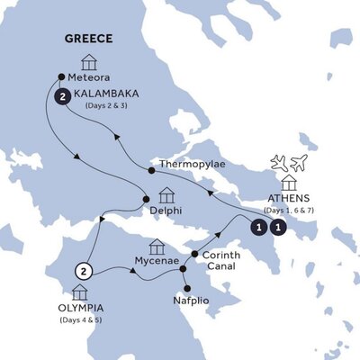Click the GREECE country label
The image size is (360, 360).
click(x=87, y=40)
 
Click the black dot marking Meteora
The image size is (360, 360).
click(x=61, y=76)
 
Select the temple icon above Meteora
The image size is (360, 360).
click(x=88, y=61)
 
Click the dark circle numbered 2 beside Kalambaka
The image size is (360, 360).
click(x=62, y=96)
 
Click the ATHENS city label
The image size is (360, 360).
click(x=290, y=199)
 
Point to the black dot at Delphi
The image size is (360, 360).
click(x=144, y=200)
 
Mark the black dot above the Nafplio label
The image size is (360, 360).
click(x=186, y=287)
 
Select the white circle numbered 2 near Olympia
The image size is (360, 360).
click(x=83, y=271)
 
